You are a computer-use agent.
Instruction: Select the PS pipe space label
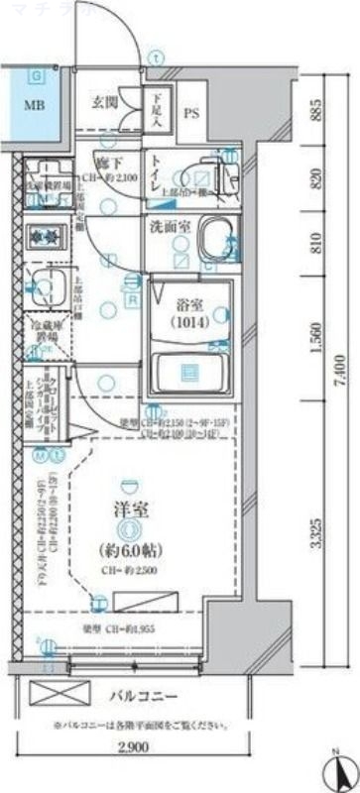pyautogui.click(x=192, y=113)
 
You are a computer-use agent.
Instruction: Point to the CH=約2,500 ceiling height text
pyautogui.click(x=129, y=571)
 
